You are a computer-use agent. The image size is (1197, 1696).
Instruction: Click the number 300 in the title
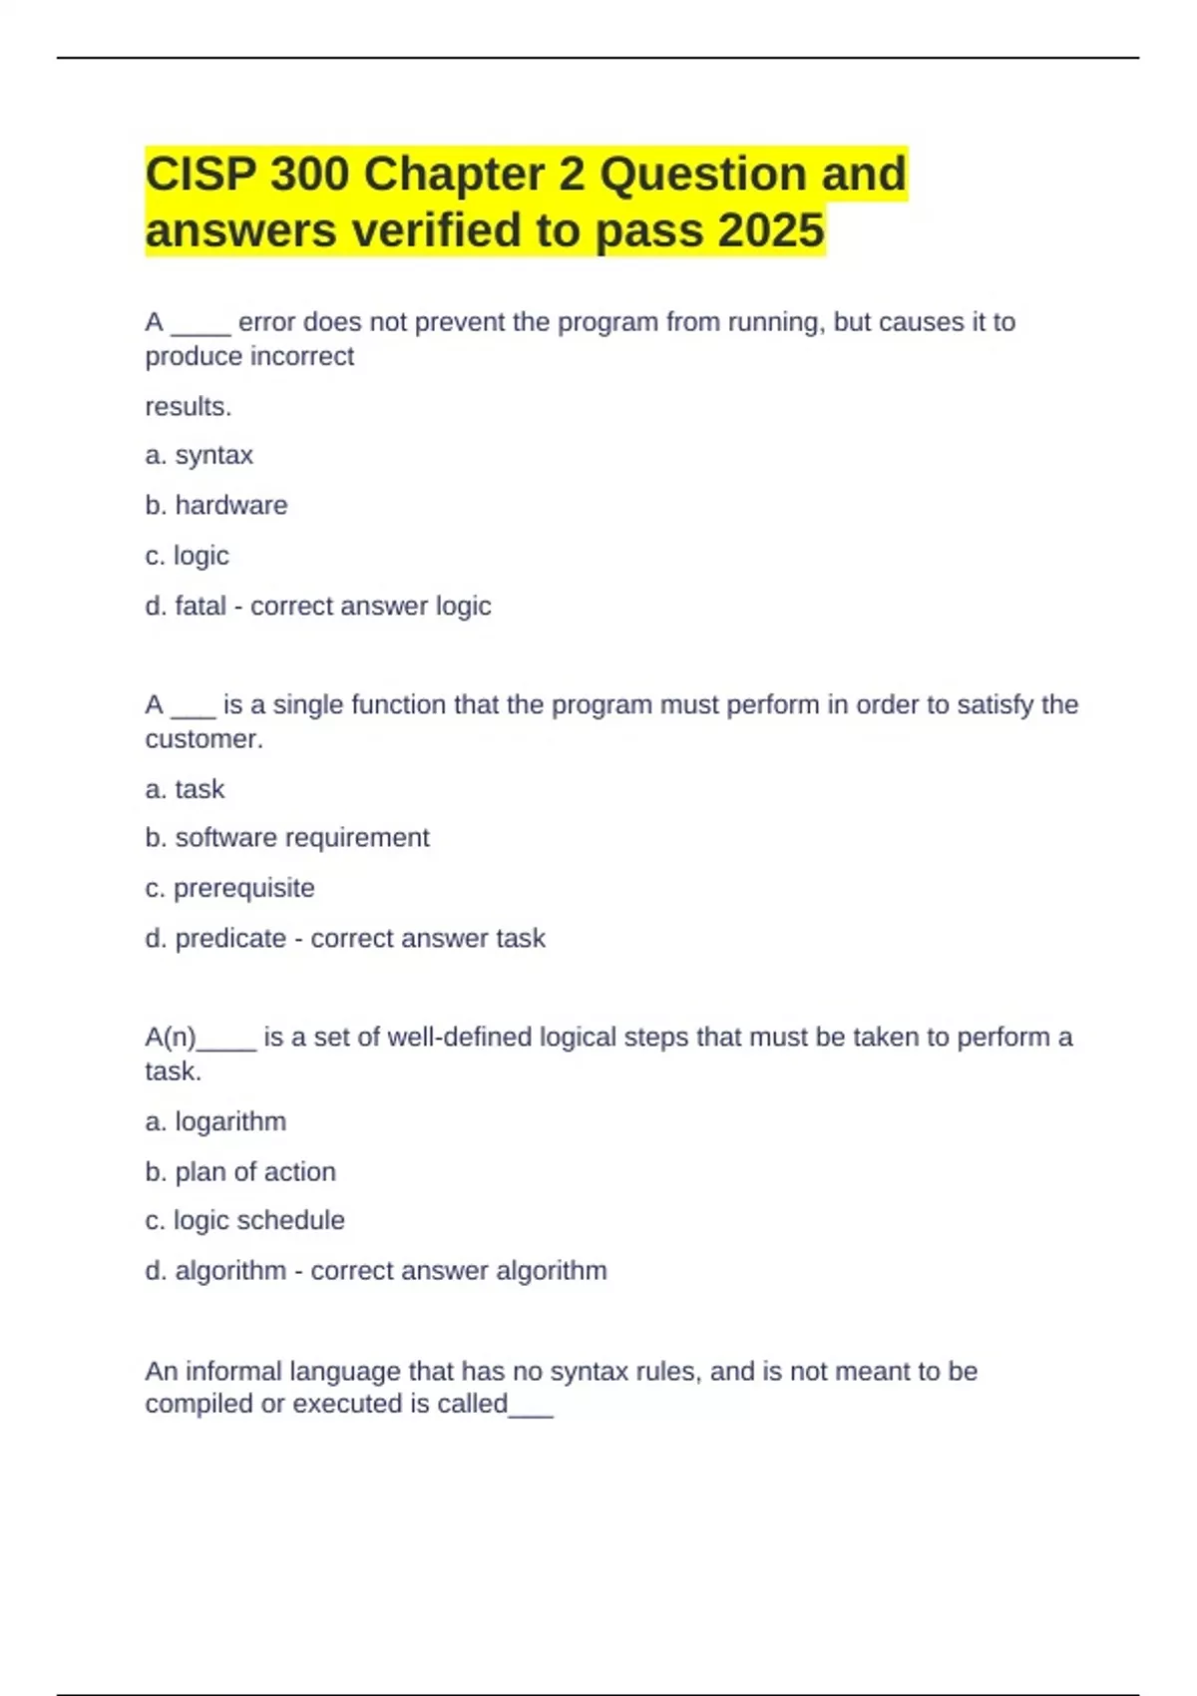click(309, 175)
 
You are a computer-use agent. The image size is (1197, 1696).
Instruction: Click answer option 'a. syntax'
click(199, 456)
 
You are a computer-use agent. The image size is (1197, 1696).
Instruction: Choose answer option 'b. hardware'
click(216, 506)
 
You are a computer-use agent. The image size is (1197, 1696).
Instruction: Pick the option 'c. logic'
click(188, 556)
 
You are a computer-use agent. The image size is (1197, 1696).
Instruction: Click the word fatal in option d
click(200, 607)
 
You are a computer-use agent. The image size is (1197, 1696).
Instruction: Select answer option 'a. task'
click(186, 789)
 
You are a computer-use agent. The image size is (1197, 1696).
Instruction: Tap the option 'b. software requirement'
click(287, 838)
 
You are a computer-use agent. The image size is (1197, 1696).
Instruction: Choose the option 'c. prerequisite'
click(230, 888)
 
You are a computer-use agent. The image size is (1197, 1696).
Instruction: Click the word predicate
click(230, 939)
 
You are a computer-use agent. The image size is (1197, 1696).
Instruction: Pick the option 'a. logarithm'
click(215, 1122)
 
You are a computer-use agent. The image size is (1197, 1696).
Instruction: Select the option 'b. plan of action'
click(240, 1172)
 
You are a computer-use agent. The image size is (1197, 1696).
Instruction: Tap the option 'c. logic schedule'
click(245, 1220)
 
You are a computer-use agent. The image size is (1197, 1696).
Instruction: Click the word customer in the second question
click(202, 739)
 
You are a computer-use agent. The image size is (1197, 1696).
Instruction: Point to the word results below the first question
click(188, 407)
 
